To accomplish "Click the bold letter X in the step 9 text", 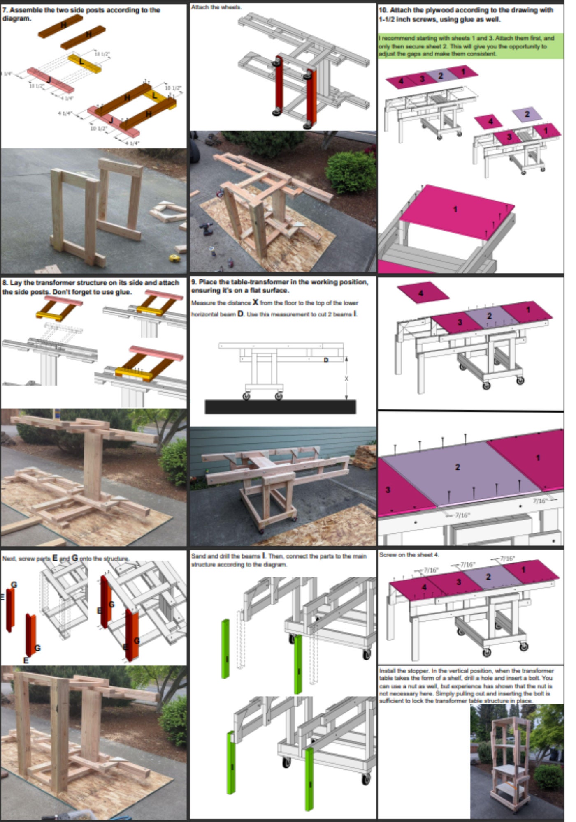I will point(255,302).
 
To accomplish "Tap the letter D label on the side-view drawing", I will point(326,360).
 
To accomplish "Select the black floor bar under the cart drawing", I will point(280,407).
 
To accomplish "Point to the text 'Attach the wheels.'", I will point(216,7).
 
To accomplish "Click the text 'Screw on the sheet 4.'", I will point(409,555).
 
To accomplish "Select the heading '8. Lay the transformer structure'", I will point(91,287).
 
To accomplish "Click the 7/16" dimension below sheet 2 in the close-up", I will point(462,515).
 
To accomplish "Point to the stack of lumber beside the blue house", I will point(365,456).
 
